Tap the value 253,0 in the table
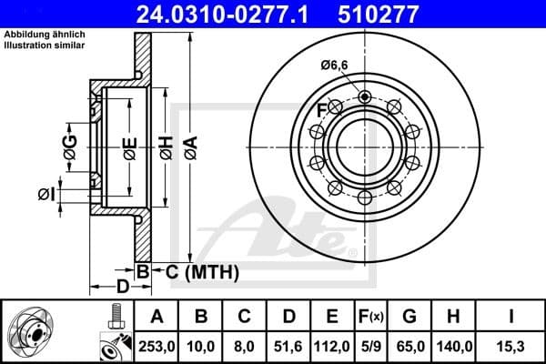[x=157, y=345]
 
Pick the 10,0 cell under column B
[x=202, y=345]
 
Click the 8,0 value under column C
[x=245, y=345]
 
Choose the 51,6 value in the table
[x=288, y=345]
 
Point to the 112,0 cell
[x=332, y=345]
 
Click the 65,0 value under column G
[x=410, y=345]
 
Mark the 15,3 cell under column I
[x=511, y=345]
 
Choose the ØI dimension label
[x=46, y=194]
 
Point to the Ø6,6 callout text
[x=335, y=64]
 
